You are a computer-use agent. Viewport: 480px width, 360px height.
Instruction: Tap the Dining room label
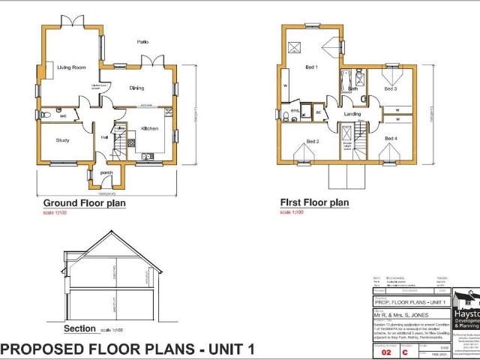(136, 88)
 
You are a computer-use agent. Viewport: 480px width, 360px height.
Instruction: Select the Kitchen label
(150, 129)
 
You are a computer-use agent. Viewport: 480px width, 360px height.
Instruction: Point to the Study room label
(62, 139)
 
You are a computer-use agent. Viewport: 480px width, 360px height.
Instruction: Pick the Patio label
(142, 41)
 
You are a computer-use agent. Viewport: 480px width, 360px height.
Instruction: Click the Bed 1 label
(311, 67)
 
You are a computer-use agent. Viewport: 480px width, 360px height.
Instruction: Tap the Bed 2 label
(312, 141)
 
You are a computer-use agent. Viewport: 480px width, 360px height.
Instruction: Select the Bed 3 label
(390, 88)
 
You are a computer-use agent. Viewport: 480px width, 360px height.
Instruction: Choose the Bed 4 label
(390, 138)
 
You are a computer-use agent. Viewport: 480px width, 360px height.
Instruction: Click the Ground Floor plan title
(84, 203)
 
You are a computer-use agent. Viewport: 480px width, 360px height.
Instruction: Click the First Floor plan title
(314, 202)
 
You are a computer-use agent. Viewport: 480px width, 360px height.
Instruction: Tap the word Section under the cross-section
(79, 328)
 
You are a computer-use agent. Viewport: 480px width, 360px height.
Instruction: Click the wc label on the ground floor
(63, 116)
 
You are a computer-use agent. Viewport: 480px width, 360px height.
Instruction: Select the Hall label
(104, 137)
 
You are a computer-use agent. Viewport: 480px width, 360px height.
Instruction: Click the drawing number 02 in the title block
(386, 351)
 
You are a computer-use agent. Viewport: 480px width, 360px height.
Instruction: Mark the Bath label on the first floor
(352, 88)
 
